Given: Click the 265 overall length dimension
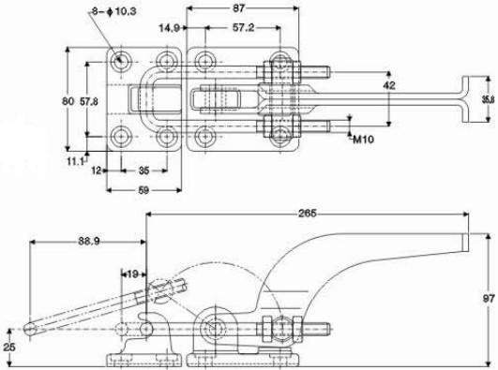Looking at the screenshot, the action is [307, 214].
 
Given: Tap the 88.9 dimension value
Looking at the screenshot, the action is [89, 241].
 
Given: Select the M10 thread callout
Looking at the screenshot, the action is [363, 139].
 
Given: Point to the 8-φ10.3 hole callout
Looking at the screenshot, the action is [114, 11].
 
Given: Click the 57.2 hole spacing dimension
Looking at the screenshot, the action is [243, 27].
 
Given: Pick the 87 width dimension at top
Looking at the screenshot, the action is [239, 8].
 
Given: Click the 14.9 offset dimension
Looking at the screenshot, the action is [169, 28].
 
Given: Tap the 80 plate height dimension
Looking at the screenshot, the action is [68, 101].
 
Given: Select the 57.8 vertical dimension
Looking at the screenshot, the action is [89, 101].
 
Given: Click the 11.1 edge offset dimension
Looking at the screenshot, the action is [75, 161].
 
